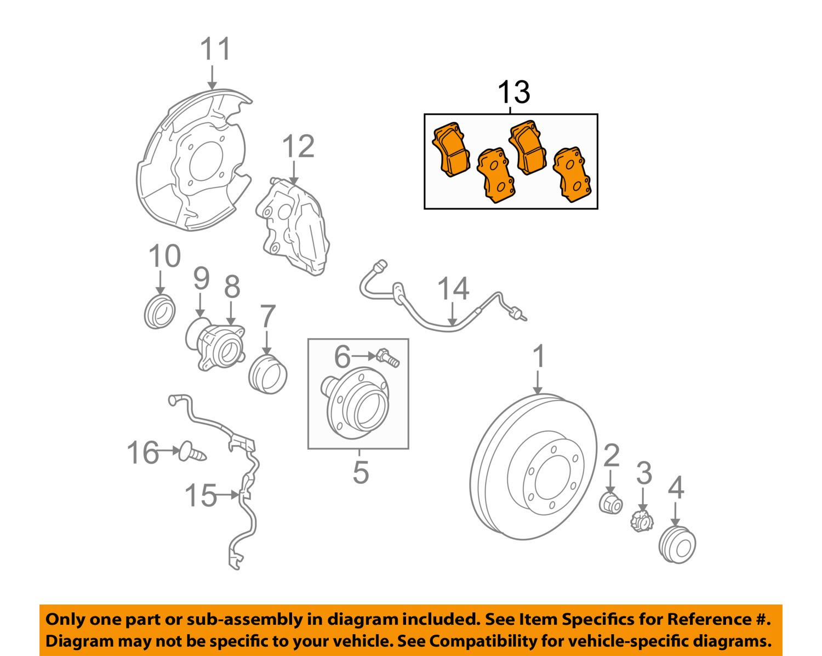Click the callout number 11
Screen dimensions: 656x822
point(215,49)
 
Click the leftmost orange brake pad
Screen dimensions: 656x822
point(450,149)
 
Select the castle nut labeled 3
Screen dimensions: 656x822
point(641,521)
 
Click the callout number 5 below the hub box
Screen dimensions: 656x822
point(360,472)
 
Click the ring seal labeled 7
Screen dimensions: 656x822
point(268,374)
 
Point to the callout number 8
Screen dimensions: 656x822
point(232,287)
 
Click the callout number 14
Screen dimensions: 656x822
point(453,289)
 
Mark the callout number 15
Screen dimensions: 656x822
point(201,495)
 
